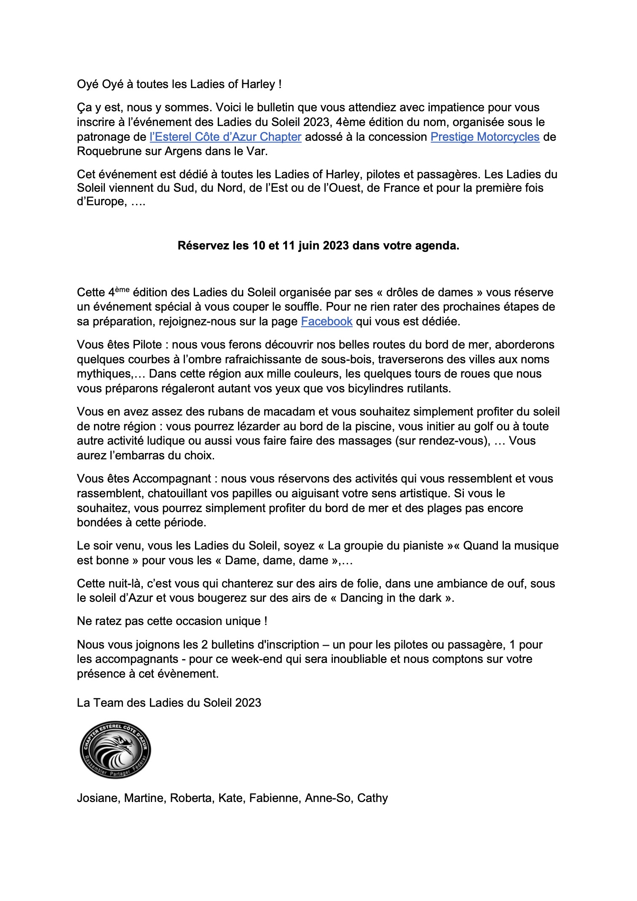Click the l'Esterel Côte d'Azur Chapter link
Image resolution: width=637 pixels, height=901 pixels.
click(225, 137)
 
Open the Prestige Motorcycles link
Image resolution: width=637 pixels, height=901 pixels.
click(484, 137)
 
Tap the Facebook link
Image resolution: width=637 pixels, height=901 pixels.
click(327, 322)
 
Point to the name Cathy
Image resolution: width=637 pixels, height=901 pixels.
click(372, 798)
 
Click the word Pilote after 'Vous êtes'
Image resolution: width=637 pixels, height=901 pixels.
click(147, 345)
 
